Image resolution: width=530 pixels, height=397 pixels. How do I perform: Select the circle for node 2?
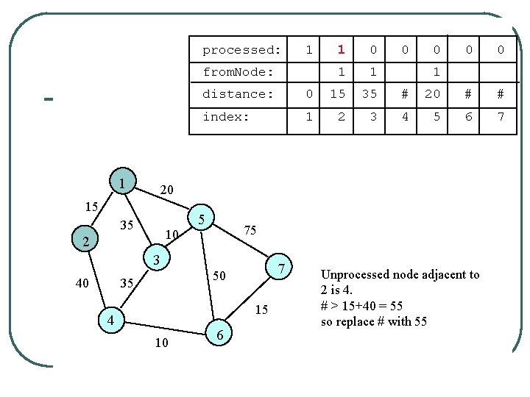pyautogui.click(x=86, y=240)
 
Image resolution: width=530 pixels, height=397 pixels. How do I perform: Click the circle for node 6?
pyautogui.click(x=220, y=335)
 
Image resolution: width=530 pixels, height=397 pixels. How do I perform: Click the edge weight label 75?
pyautogui.click(x=250, y=230)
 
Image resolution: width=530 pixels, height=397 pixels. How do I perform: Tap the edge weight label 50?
pyautogui.click(x=219, y=276)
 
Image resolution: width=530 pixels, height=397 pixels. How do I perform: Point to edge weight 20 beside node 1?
pyautogui.click(x=167, y=190)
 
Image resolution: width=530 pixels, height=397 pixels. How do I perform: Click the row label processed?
pyautogui.click(x=241, y=50)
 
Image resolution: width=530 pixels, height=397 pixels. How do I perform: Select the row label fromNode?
pyautogui.click(x=238, y=72)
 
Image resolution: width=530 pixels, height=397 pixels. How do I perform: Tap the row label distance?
pyautogui.click(x=238, y=94)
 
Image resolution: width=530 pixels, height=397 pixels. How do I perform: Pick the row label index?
pyautogui.click(x=226, y=116)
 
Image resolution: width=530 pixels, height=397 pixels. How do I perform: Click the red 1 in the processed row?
pyautogui.click(x=341, y=50)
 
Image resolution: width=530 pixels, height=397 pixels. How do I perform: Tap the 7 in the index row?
pyautogui.click(x=501, y=116)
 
